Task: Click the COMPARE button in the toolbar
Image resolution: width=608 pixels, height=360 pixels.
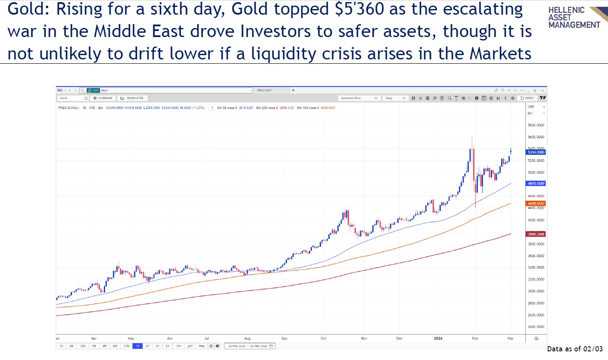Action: coord(103,98)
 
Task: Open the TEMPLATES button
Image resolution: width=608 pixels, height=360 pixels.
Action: coord(132,98)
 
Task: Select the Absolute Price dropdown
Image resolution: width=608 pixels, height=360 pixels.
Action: coord(359,98)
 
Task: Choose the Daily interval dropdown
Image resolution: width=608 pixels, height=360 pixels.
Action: coord(396,98)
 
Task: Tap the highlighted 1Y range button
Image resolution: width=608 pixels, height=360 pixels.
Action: coord(137,346)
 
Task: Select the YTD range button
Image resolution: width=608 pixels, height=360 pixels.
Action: coord(126,346)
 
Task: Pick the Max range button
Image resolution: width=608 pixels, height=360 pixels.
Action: coord(202,346)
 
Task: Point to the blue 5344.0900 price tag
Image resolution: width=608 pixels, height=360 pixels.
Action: coord(536,152)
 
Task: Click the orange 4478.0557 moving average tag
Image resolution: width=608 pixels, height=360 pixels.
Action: coord(536,203)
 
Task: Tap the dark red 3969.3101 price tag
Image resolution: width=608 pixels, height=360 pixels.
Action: coord(536,234)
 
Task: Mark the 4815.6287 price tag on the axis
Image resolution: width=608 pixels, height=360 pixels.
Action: coord(536,183)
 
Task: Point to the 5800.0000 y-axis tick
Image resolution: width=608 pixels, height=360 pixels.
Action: coord(536,125)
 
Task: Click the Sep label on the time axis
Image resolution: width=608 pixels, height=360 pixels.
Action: coord(284,338)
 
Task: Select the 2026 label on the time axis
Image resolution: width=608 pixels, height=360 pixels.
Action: coord(438,338)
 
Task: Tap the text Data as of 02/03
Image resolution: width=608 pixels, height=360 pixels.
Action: coord(575,349)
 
